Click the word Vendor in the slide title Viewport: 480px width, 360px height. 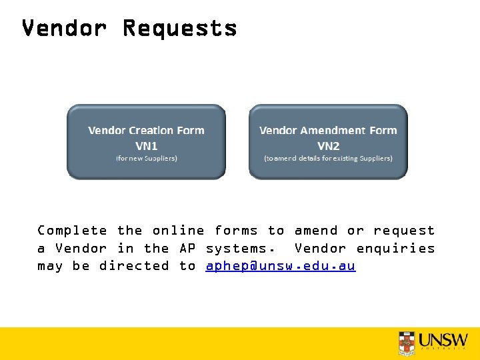[x=64, y=29]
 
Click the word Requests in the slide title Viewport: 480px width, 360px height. [x=179, y=29]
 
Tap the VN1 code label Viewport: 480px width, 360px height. [x=146, y=145]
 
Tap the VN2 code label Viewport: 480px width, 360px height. [x=328, y=145]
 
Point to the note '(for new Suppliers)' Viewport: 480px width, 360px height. [x=146, y=159]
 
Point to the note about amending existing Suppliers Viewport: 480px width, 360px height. [x=328, y=159]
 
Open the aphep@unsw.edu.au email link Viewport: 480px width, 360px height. [x=281, y=266]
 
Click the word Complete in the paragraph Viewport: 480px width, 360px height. [x=72, y=231]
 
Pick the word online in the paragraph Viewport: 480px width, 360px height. [x=178, y=231]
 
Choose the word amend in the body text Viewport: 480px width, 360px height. [x=316, y=231]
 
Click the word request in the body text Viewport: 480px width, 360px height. [x=404, y=231]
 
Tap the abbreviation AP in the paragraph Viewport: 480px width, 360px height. [x=187, y=249]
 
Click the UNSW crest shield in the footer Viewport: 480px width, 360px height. [x=406, y=343]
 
